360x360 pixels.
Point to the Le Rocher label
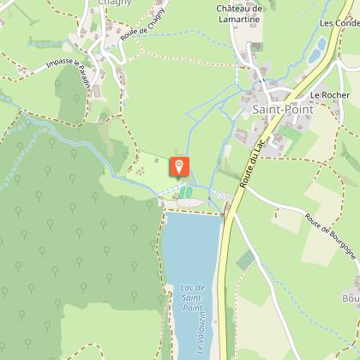click(x=326, y=94)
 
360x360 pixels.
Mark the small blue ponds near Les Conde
click(x=319, y=51)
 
